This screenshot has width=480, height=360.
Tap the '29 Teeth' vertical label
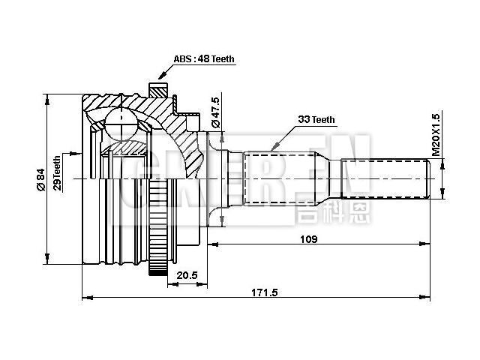57,172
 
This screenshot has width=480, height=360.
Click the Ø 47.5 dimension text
215,111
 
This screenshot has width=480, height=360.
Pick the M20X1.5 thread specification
436,135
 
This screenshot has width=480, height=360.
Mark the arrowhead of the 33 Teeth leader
271,148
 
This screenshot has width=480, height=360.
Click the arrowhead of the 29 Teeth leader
82,151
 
